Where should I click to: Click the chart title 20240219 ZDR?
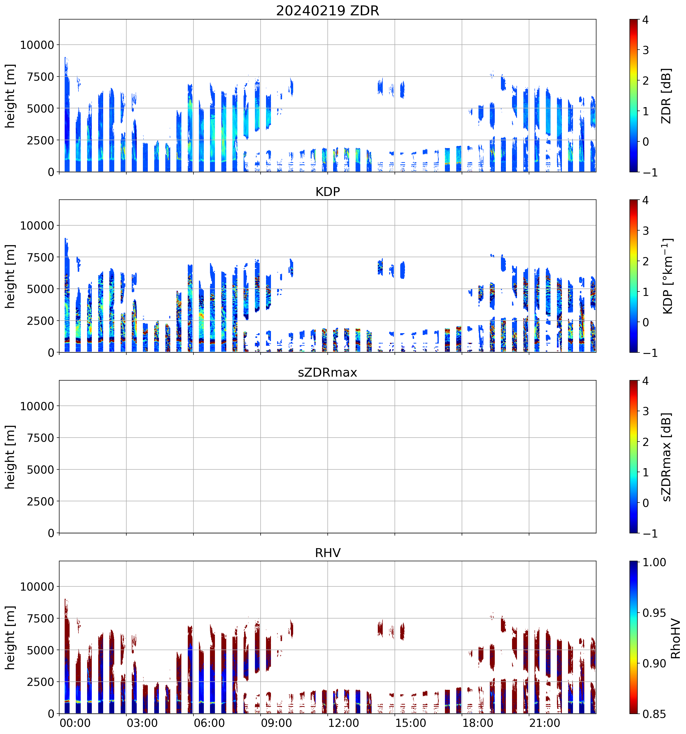click(327, 11)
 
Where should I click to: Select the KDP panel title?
click(327, 192)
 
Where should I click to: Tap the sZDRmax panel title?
click(327, 372)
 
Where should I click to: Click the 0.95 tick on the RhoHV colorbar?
click(654, 613)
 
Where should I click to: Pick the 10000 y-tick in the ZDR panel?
click(37, 45)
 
